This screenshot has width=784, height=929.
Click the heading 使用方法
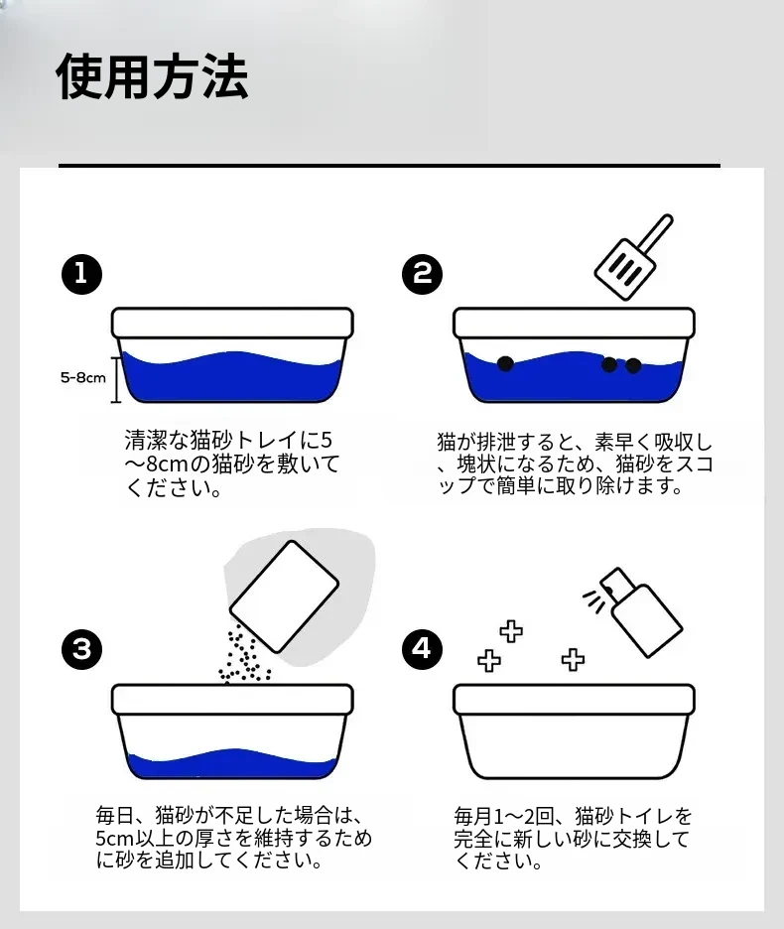[x=152, y=76]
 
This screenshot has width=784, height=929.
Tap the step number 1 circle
[x=81, y=274]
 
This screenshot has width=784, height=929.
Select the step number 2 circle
[x=422, y=274]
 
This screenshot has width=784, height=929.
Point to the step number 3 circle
[x=81, y=649]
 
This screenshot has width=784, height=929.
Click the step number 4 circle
[x=422, y=649]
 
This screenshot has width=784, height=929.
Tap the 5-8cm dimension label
[x=83, y=377]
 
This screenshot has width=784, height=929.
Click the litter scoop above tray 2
[x=634, y=257]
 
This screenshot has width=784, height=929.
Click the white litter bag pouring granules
[x=284, y=597]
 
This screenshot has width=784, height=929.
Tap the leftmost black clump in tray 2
[x=505, y=363]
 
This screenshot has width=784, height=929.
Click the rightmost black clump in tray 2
[x=633, y=365]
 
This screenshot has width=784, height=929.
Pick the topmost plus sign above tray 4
[x=511, y=631]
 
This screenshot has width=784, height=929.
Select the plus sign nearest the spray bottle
[x=573, y=659]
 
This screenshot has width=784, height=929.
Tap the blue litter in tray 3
[x=231, y=764]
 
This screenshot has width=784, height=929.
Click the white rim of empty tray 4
[x=574, y=699]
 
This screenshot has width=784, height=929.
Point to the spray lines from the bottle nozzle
[x=594, y=600]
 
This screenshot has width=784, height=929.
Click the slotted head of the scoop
[x=626, y=268]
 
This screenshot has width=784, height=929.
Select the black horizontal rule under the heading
[x=389, y=166]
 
